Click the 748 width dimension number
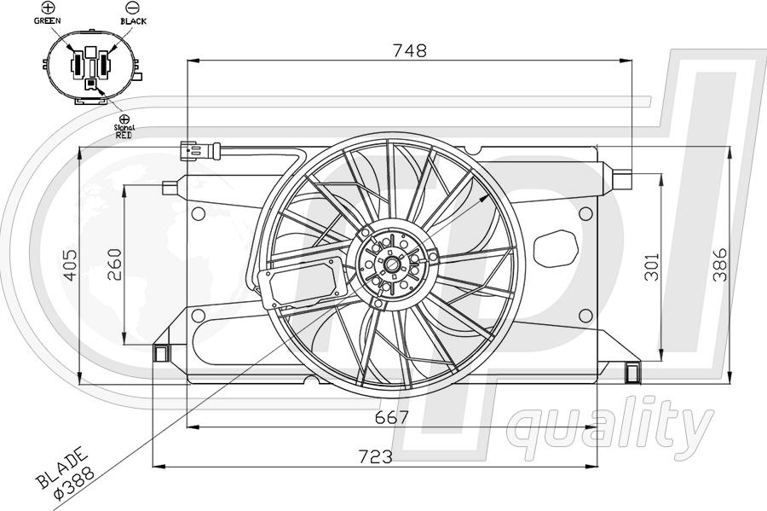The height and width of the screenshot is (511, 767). point(410,50)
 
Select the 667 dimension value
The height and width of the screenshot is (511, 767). point(391,417)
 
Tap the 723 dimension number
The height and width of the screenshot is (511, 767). point(375,456)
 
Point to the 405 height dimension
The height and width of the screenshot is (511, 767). point(71,264)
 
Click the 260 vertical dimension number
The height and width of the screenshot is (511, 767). point(114,264)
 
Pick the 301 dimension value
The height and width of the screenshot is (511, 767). point(652,267)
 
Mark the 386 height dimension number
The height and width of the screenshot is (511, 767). point(719,264)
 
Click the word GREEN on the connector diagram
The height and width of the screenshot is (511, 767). point(48,20)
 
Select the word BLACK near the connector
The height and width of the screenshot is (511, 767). point(134,21)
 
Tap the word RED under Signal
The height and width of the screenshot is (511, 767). point(124,135)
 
